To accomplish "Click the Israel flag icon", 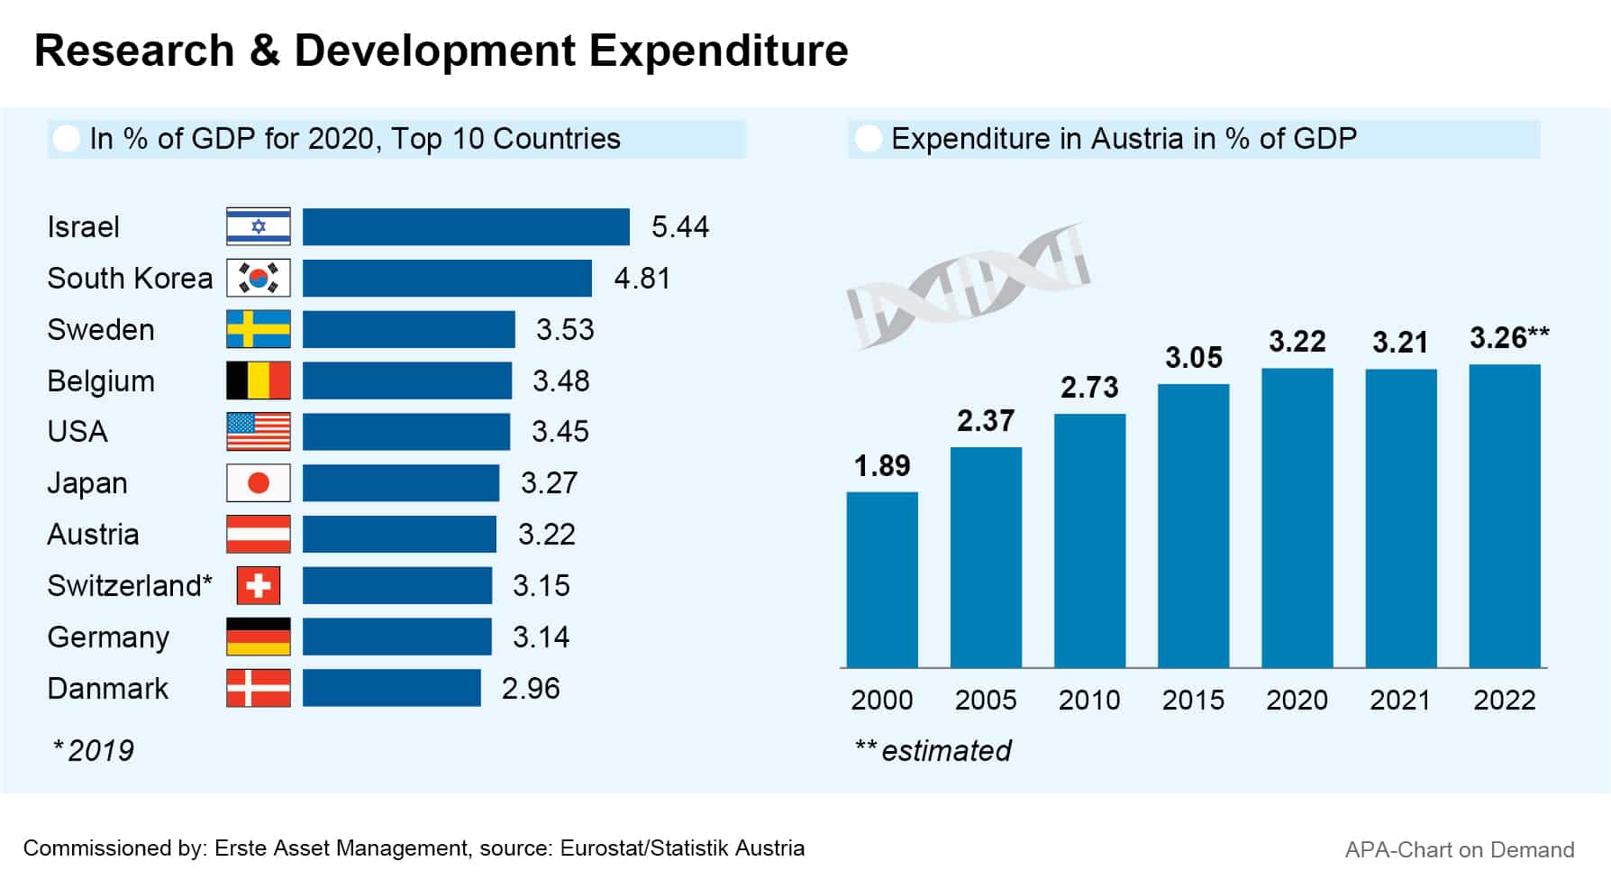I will (259, 226).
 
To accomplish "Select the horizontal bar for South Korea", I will (447, 278).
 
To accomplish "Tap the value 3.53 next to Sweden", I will (565, 330).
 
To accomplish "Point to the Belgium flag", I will (259, 380).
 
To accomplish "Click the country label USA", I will (77, 432).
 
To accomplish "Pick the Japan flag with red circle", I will (259, 483).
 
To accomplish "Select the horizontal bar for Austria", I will (399, 534).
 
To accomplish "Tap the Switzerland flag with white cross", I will (259, 585).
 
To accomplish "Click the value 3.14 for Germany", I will (541, 637).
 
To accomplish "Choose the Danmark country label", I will (108, 689).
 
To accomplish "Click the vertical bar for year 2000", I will (882, 580).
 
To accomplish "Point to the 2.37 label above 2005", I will (986, 421).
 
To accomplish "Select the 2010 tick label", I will (1089, 700).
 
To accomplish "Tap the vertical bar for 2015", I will (1193, 526).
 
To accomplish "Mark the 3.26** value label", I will (1509, 338).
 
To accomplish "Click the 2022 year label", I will (1504, 700).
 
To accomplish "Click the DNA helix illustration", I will (969, 285).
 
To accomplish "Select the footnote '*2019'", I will (94, 750).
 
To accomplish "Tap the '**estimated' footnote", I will (933, 750).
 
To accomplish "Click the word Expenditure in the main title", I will (718, 50).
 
